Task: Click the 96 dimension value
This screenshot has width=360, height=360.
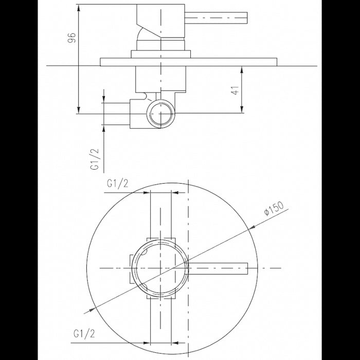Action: pyautogui.click(x=72, y=37)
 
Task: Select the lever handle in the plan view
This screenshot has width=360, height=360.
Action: pyautogui.click(x=219, y=268)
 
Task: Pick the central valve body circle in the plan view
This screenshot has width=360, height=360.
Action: pyautogui.click(x=160, y=268)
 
